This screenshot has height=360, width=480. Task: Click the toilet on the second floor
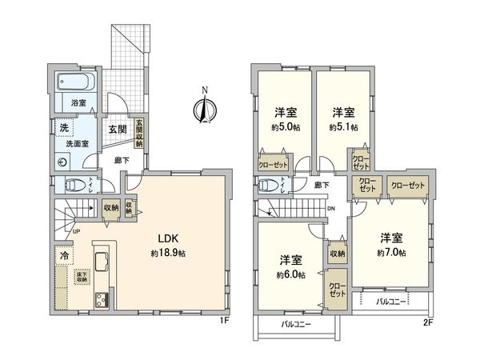tap(270, 185)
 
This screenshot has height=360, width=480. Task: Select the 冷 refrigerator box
tap(62, 256)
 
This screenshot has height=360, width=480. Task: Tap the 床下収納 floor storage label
tap(82, 278)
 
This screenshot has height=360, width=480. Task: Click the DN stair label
tap(331, 207)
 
